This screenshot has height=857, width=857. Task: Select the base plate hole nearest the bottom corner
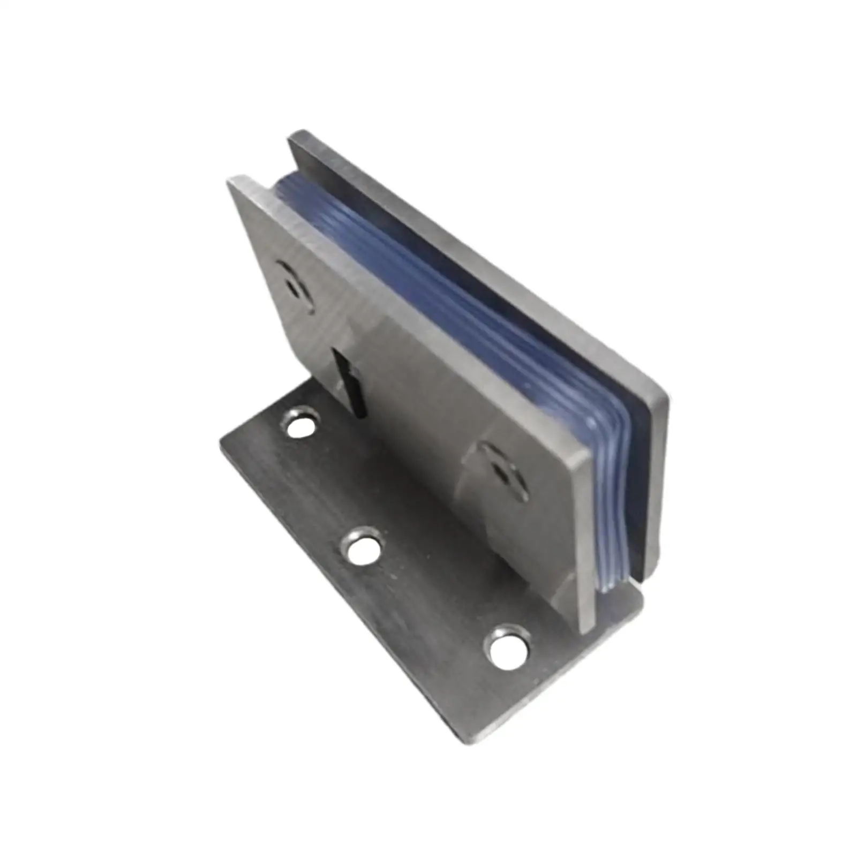coord(507,648)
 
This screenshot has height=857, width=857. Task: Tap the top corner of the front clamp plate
coord(236,179)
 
